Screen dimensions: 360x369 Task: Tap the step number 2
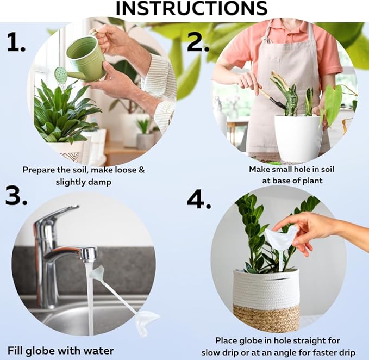198,42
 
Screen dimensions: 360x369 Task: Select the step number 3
16,196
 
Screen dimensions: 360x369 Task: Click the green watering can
86,58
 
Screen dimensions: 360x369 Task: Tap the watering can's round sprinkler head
61,75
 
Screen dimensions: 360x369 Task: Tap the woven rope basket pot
266,299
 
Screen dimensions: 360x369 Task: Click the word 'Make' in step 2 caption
260,169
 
